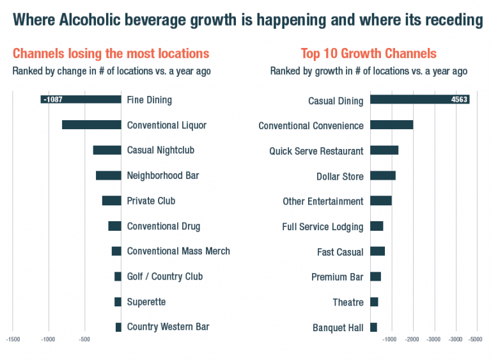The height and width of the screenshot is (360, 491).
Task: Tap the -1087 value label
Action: (52, 99)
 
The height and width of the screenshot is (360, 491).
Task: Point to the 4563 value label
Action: (460, 99)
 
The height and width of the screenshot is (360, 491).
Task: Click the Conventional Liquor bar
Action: (91, 125)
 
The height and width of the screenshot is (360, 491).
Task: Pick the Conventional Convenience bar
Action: (391, 125)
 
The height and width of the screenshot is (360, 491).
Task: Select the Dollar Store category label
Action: (339, 176)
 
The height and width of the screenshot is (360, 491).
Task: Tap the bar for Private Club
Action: (111, 201)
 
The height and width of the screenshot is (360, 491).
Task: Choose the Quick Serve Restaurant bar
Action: (384, 150)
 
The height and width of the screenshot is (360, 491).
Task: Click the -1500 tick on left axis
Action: (13, 340)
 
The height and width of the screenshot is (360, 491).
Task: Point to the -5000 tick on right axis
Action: (476, 340)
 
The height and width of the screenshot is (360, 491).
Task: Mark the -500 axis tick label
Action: (84, 340)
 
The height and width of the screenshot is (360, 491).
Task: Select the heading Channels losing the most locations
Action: (111, 54)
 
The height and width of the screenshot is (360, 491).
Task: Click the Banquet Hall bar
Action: (373, 327)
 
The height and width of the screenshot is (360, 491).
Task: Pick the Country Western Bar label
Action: (168, 327)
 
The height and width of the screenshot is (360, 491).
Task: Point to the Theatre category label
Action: (348, 302)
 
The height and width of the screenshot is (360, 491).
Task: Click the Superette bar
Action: (118, 302)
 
